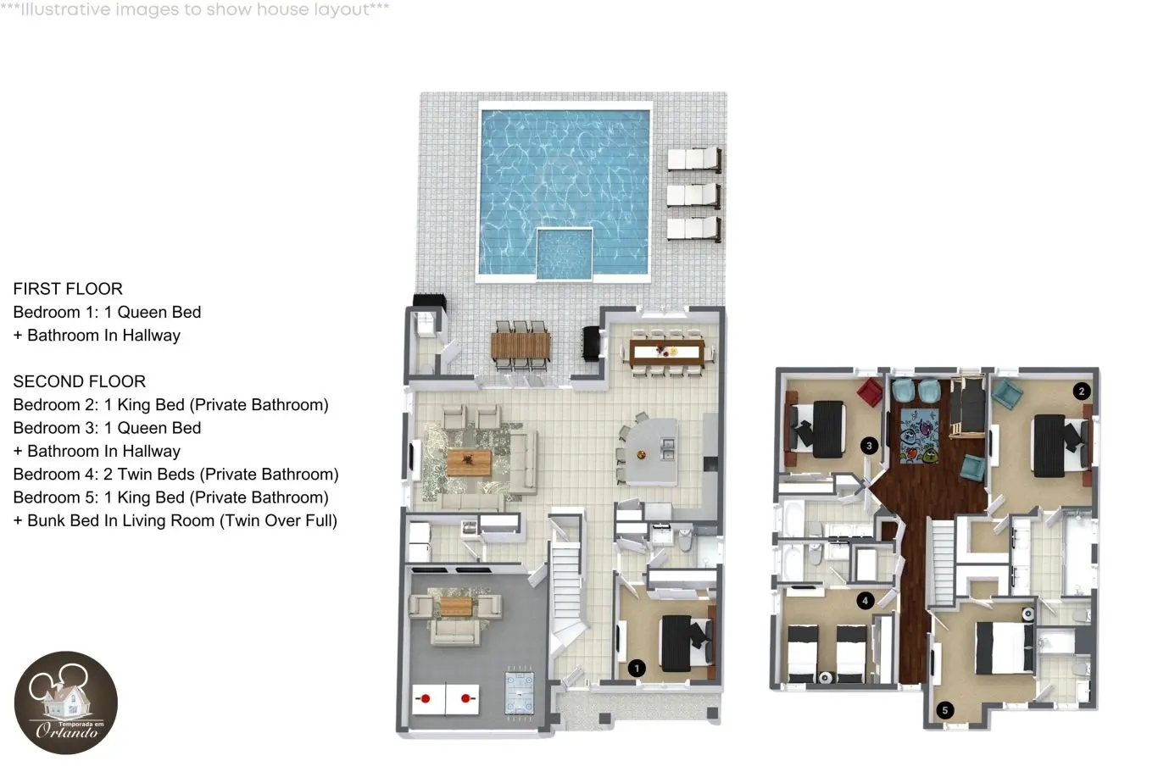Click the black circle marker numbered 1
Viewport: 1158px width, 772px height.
[637, 668]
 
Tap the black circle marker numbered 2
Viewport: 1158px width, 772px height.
[1082, 392]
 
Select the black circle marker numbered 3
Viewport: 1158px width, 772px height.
[869, 446]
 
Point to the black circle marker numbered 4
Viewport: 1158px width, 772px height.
[865, 601]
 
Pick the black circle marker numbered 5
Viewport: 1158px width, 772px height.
[945, 710]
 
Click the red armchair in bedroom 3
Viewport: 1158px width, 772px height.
[870, 393]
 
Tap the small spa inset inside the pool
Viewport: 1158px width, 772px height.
[564, 253]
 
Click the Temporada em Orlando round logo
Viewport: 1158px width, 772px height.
[66, 703]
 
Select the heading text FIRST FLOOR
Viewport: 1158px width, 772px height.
[68, 289]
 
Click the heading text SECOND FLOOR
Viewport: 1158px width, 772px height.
[80, 381]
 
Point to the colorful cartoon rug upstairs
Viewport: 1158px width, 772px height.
[919, 436]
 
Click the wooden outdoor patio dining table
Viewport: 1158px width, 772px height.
[521, 345]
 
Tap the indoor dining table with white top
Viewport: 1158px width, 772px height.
[667, 353]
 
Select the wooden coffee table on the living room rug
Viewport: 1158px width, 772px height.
[469, 463]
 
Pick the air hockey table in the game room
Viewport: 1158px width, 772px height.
[520, 692]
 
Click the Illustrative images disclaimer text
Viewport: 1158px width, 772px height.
[194, 9]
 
